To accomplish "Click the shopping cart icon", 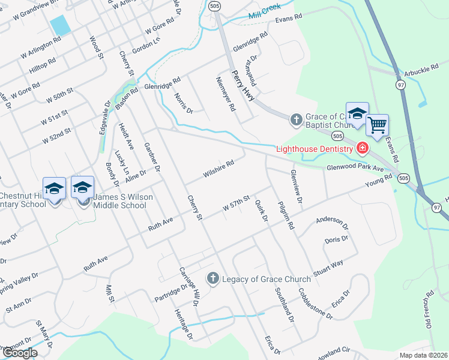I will click(377, 126).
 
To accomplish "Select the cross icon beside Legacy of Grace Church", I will click(212, 278).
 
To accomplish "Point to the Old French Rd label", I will click(429, 310).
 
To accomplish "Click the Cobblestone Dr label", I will click(315, 302).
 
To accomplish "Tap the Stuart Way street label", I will click(328, 267).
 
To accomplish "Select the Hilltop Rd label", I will click(43, 65).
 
